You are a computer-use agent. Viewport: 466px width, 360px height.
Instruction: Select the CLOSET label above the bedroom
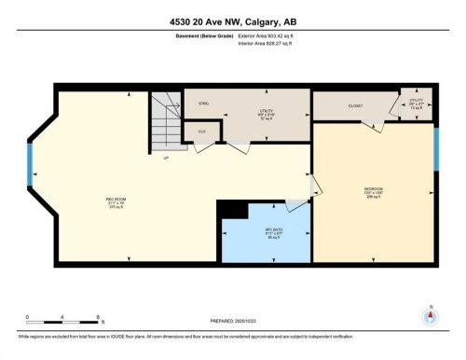click(x=355, y=106)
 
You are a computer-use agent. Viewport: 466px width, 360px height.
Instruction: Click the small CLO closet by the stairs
click(x=201, y=132)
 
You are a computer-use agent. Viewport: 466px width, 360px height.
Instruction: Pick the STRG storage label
click(x=203, y=104)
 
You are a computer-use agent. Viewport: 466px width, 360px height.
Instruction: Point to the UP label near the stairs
click(x=166, y=158)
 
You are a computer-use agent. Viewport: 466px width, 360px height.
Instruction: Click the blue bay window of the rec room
click(x=31, y=173)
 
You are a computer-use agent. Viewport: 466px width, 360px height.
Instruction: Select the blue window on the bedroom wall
click(x=436, y=148)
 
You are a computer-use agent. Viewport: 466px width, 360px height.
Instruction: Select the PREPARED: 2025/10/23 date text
click(x=232, y=322)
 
